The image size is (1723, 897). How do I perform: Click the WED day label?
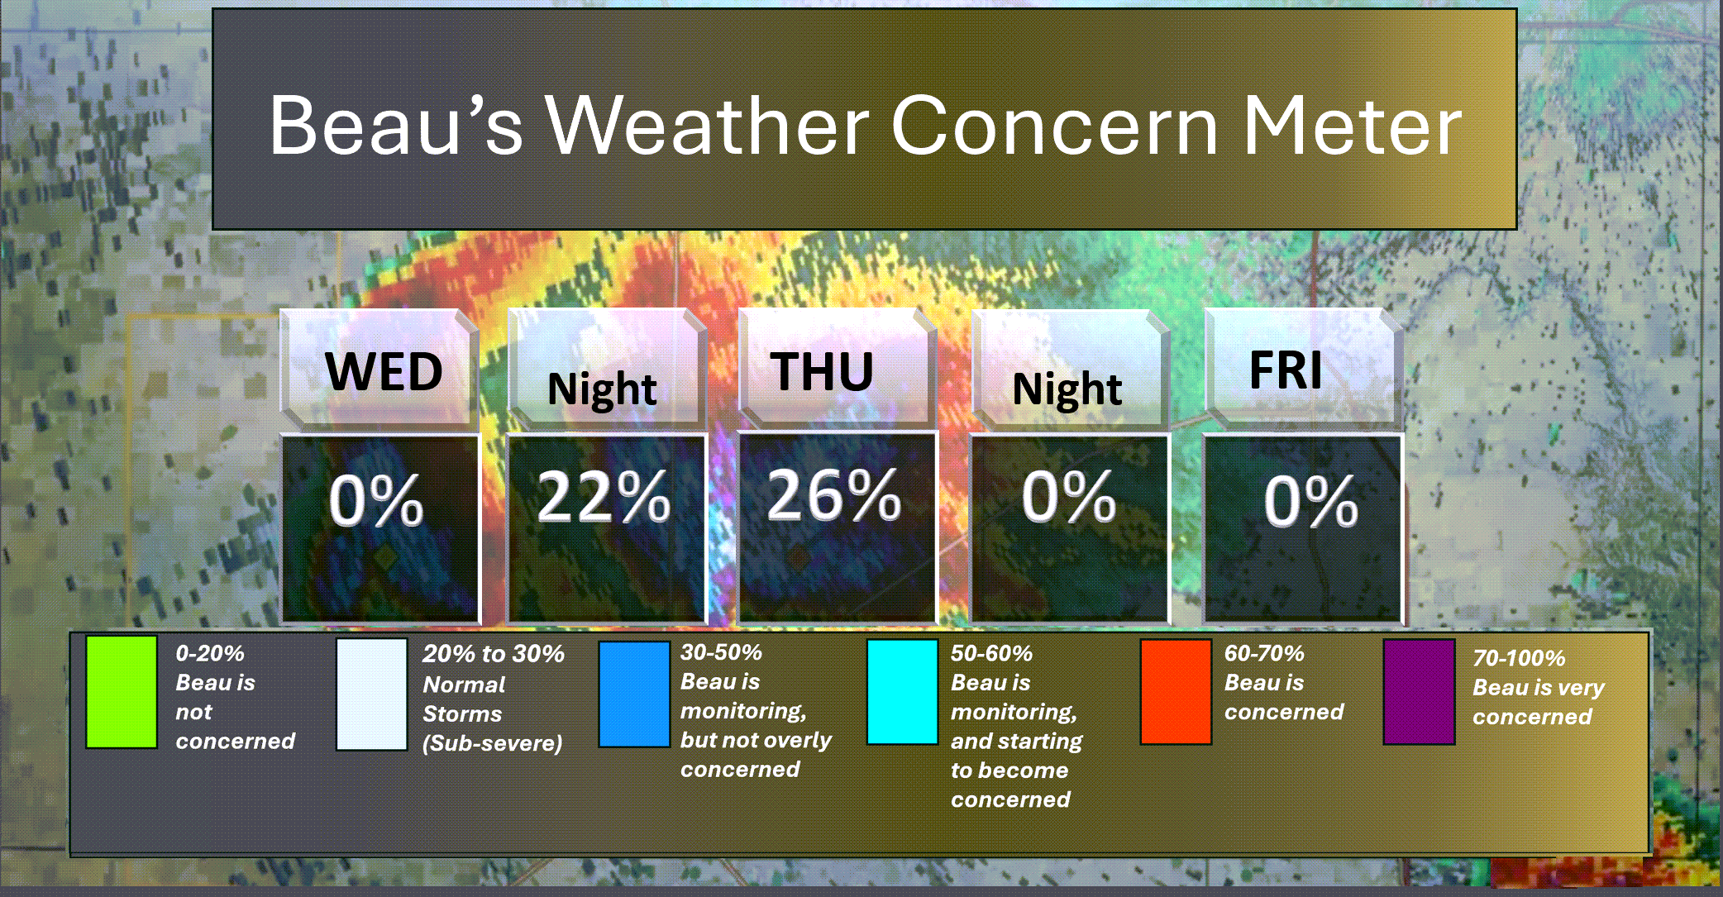(384, 371)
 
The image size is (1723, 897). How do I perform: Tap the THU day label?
(822, 371)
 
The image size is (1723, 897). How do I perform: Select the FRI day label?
(1285, 370)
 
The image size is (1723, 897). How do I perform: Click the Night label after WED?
(602, 389)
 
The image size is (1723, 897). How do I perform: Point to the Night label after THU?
(1067, 389)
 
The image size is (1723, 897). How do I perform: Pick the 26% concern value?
(833, 494)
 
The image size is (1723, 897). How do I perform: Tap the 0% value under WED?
(376, 500)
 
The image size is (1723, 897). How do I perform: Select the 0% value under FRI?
(1310, 500)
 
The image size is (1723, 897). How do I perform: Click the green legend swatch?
(122, 692)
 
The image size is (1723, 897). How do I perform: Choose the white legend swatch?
(372, 694)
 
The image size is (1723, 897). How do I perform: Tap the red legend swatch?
(1176, 692)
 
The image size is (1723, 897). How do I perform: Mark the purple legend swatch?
(1419, 692)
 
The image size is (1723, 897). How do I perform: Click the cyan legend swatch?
(903, 692)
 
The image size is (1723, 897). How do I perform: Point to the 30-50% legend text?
(721, 652)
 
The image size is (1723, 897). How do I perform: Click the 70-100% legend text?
(1519, 658)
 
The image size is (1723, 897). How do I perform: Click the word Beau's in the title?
(396, 126)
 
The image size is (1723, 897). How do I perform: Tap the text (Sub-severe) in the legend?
(493, 743)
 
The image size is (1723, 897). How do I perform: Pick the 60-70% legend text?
(1264, 653)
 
